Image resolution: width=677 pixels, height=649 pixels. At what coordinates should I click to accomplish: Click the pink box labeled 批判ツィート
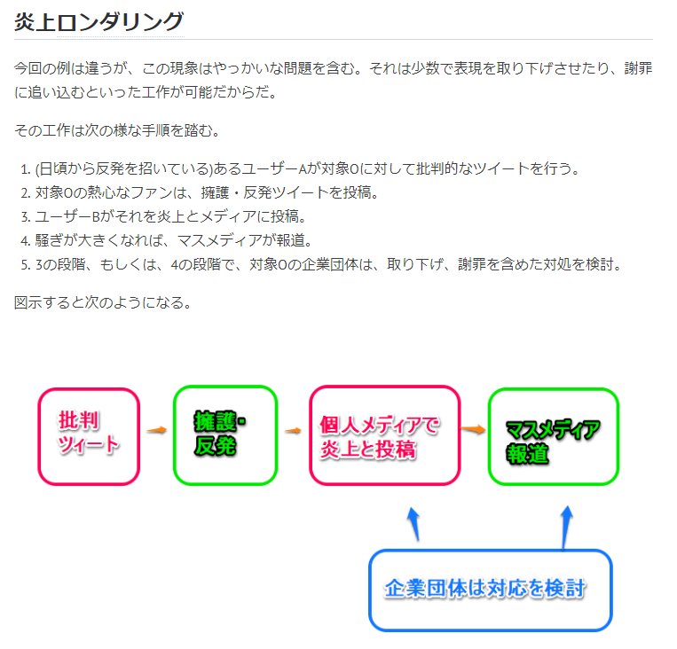[x=89, y=436]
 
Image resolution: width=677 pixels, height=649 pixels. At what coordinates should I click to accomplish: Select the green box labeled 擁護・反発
[x=224, y=435]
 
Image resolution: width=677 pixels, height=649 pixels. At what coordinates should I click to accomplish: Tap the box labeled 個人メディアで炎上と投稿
[x=383, y=436]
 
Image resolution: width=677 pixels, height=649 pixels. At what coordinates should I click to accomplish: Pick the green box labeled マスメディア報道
[x=552, y=437]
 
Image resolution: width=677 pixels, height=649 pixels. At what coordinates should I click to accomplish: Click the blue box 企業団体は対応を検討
[x=490, y=590]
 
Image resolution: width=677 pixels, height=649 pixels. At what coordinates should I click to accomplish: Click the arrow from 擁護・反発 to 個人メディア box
[x=293, y=431]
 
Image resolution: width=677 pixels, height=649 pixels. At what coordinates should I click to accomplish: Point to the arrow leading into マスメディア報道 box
[x=473, y=429]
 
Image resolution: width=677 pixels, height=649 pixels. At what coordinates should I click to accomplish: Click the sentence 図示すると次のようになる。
[x=102, y=302]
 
